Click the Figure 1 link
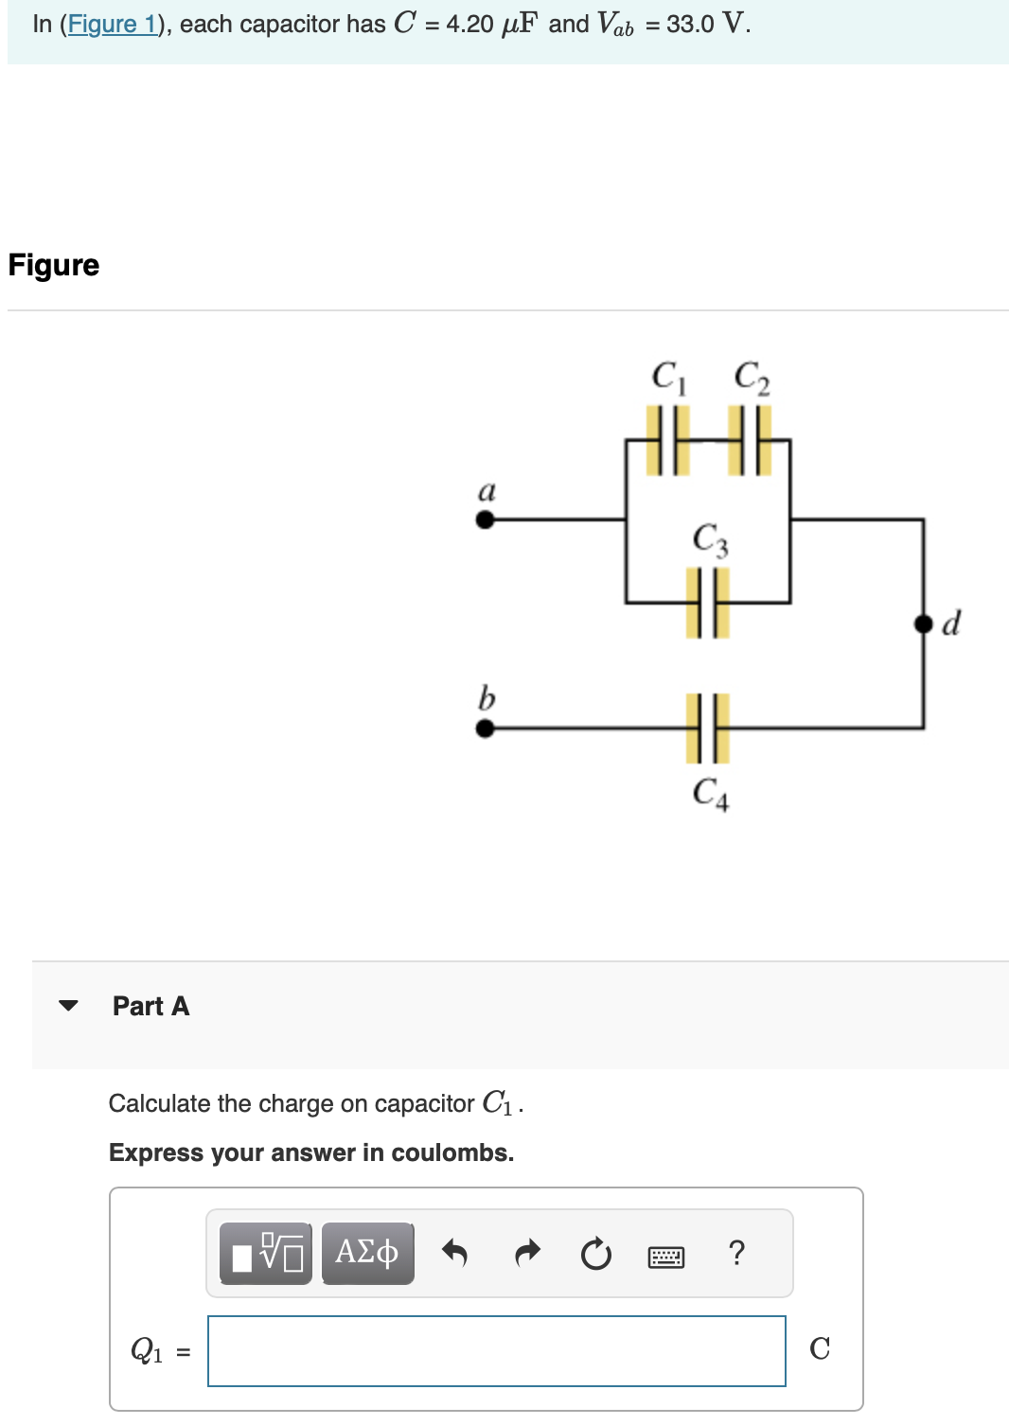click(112, 25)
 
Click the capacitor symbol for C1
click(668, 440)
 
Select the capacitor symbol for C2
click(751, 440)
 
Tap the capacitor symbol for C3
click(708, 602)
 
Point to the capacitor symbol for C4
click(708, 728)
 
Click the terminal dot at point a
click(485, 519)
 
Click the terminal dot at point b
click(485, 728)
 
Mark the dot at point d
click(923, 624)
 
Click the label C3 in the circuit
click(710, 539)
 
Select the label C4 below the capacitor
click(710, 793)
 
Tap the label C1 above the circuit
click(668, 377)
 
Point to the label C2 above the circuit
click(752, 377)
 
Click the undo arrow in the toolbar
click(454, 1253)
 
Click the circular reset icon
click(595, 1255)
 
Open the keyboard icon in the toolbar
click(666, 1257)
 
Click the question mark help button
click(737, 1253)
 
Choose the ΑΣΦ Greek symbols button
click(367, 1253)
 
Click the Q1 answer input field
click(496, 1351)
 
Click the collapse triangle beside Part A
click(68, 1006)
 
